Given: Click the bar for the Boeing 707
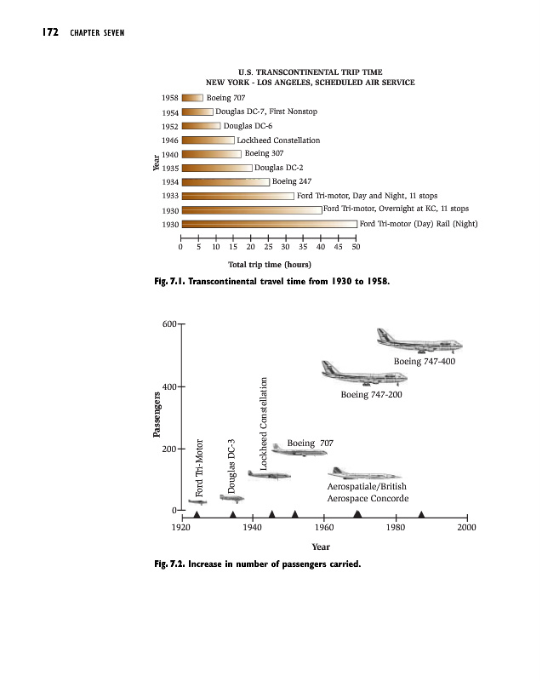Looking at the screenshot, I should point(192,98).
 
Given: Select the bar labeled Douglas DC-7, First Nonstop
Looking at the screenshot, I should point(197,112).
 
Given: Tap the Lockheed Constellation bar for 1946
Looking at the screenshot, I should point(208,140).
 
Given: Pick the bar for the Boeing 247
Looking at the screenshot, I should point(225,181).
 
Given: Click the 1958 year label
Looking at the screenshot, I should point(169,98).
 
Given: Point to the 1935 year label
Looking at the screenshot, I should point(169,168).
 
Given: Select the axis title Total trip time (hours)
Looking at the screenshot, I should point(268,264).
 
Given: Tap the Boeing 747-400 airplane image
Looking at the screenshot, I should point(419,341).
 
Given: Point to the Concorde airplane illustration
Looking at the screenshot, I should point(364,472).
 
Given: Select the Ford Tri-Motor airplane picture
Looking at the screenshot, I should point(197,503).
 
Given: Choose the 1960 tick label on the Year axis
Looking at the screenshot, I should point(323,528).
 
